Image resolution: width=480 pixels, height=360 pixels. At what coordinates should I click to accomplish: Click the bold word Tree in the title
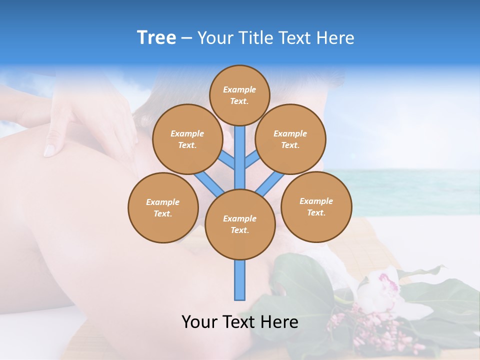(x=156, y=38)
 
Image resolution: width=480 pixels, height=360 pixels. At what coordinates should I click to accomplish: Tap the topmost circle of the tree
(x=239, y=95)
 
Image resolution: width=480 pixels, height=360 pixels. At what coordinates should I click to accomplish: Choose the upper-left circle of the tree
(x=187, y=139)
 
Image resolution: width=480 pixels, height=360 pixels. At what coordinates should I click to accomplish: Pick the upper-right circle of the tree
(x=290, y=139)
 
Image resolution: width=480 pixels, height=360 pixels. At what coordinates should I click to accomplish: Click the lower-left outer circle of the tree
(x=163, y=207)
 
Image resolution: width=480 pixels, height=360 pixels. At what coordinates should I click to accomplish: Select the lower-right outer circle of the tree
(x=316, y=206)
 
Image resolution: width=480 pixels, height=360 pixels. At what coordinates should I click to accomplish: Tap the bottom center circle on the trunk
(x=240, y=224)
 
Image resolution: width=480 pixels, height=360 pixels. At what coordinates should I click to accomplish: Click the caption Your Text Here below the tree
(x=240, y=322)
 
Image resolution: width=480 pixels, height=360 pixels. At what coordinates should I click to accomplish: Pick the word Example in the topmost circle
(x=239, y=89)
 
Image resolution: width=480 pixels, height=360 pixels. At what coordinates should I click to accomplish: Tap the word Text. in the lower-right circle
(x=316, y=212)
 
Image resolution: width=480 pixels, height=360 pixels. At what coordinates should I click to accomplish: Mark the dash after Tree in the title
(x=186, y=38)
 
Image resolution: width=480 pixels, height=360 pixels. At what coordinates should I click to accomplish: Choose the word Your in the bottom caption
(x=199, y=322)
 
